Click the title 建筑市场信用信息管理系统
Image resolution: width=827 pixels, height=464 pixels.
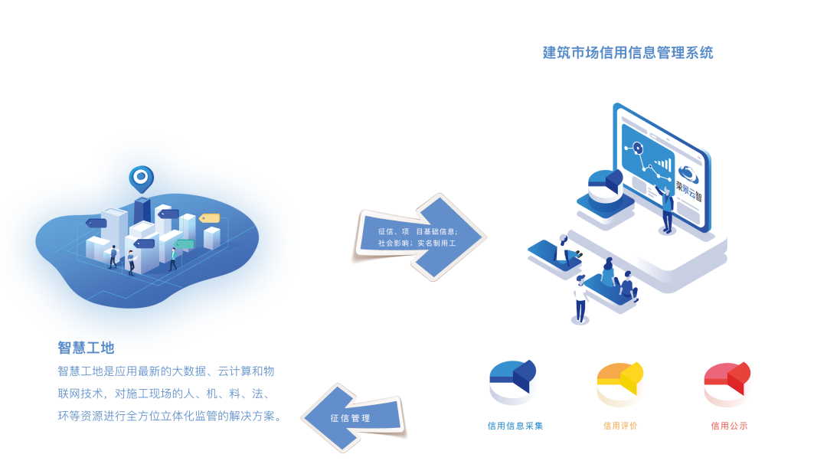click(x=628, y=53)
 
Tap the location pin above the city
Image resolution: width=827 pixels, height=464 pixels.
click(x=141, y=178)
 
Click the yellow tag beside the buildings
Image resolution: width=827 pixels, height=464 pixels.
click(x=210, y=218)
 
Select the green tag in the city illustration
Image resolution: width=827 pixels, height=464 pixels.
click(x=185, y=244)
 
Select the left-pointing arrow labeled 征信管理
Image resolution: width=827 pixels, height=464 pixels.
click(x=355, y=418)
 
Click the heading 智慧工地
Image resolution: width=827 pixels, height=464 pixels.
click(x=86, y=348)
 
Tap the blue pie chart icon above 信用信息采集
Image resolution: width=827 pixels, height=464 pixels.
click(x=512, y=381)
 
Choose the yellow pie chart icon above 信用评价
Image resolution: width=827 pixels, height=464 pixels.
click(x=619, y=383)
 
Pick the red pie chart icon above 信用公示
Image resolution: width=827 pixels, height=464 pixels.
click(x=727, y=383)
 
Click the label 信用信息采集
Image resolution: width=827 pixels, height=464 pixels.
click(x=515, y=426)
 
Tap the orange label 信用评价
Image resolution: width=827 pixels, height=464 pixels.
click(x=620, y=426)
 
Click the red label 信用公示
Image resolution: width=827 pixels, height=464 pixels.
click(x=729, y=426)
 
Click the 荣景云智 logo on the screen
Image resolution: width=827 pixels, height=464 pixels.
click(x=688, y=181)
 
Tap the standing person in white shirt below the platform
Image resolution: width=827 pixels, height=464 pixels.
click(x=580, y=299)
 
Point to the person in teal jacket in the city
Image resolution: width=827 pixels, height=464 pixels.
click(x=173, y=258)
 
